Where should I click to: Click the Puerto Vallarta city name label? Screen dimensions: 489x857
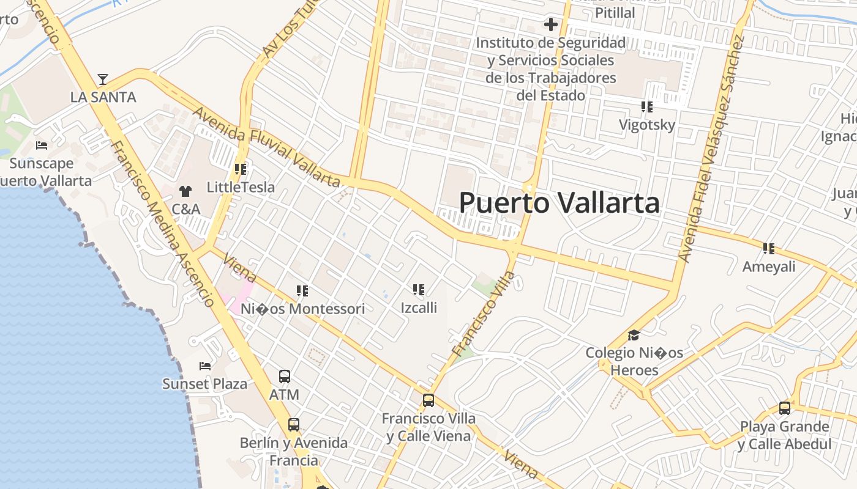tap(559, 203)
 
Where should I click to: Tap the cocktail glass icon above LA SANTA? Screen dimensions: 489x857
tap(103, 79)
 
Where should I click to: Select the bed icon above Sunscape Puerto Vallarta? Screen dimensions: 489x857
tap(42, 145)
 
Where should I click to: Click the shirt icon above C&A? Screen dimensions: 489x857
tap(185, 191)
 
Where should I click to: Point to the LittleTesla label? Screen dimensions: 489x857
tap(241, 187)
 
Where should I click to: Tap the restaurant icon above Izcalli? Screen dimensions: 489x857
tap(419, 290)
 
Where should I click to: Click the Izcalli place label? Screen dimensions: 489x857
tap(419, 307)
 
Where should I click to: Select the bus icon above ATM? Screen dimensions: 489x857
tap(285, 377)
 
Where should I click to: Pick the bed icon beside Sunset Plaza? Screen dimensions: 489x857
tap(205, 366)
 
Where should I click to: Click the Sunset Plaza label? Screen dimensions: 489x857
tap(204, 384)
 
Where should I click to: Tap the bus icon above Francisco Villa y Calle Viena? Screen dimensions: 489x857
tap(428, 401)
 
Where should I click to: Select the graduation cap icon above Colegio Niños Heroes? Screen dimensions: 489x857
tap(634, 336)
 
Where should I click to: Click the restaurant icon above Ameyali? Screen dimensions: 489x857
tap(769, 249)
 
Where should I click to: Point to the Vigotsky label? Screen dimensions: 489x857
tap(647, 125)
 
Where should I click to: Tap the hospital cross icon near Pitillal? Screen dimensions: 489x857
tap(551, 24)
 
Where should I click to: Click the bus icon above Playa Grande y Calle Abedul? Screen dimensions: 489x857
tap(785, 408)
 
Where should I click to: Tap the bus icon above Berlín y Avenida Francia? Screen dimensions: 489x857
tap(294, 425)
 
